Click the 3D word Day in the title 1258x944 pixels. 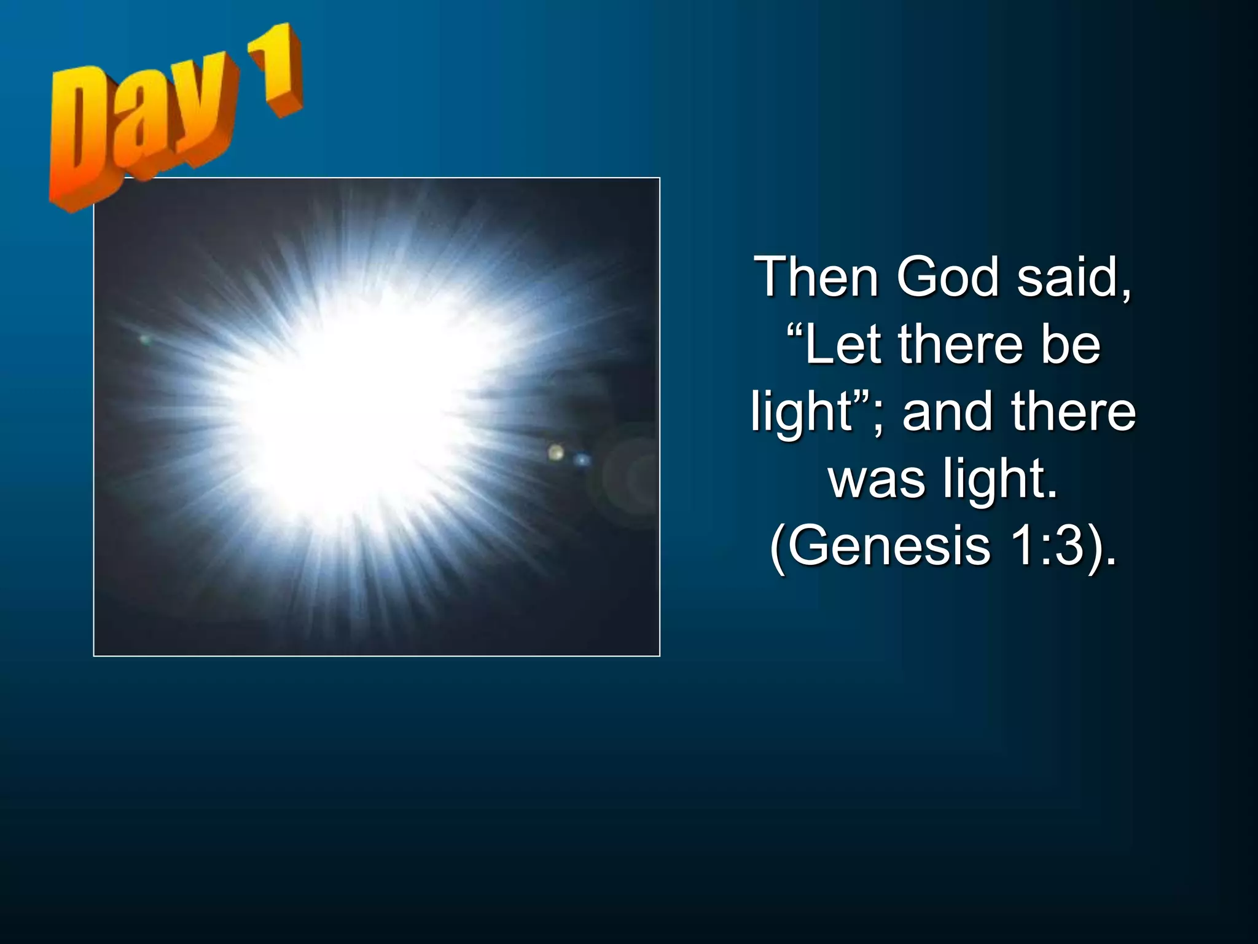141,129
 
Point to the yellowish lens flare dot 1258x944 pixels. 556,453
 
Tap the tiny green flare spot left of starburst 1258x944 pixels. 145,339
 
